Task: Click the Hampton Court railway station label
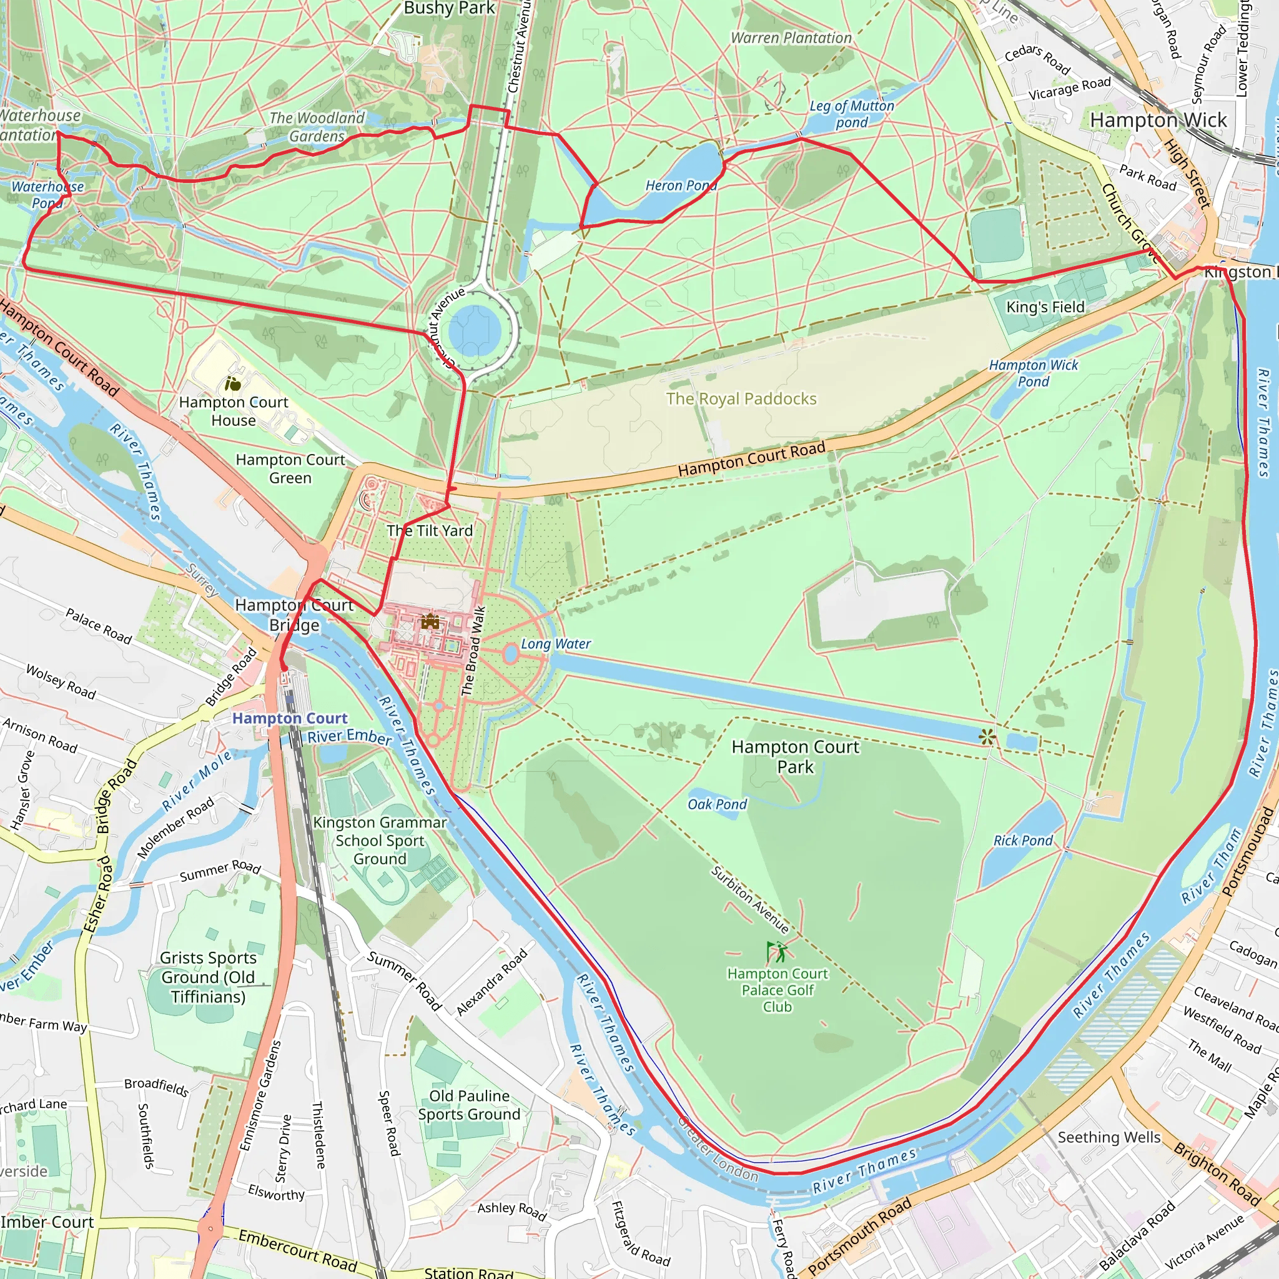[x=289, y=718]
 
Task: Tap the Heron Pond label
[x=681, y=186]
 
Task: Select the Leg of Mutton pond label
[x=851, y=114]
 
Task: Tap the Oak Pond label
[x=717, y=804]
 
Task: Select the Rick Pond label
[x=1023, y=841]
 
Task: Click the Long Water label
[x=555, y=643]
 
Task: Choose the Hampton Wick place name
[x=1158, y=120]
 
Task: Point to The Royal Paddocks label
[x=741, y=398]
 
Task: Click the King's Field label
[x=1045, y=307]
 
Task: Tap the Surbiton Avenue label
[x=750, y=900]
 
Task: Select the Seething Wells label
[x=1109, y=1137]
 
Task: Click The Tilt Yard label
[x=430, y=530]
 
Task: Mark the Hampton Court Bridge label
[x=294, y=615]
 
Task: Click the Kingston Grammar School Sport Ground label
[x=379, y=841]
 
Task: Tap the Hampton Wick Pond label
[x=1033, y=373]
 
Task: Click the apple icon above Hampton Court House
[x=232, y=383]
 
